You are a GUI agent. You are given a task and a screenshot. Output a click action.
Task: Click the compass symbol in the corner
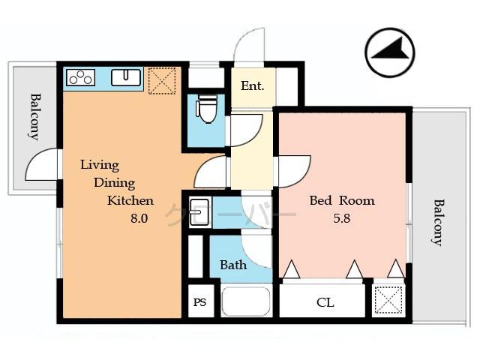coord(390,52)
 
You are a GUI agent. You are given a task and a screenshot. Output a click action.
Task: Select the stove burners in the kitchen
coord(79,77)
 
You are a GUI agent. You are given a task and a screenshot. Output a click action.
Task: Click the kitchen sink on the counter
coord(127,77)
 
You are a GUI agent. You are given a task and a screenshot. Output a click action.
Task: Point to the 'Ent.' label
coord(252,86)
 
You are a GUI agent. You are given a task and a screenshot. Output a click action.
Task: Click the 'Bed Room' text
coord(342,201)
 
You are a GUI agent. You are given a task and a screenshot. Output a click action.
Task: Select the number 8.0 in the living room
coord(139,219)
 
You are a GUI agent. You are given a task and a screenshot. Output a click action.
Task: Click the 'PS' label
coord(199,302)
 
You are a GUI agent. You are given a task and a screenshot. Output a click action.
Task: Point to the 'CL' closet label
coord(325,303)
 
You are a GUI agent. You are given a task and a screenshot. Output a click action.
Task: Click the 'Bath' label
coord(233,265)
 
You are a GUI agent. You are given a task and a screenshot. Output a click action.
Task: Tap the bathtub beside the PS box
coord(246,302)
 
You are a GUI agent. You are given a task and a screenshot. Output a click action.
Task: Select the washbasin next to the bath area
coord(199,212)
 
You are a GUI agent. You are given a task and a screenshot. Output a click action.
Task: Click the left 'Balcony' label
coord(34,116)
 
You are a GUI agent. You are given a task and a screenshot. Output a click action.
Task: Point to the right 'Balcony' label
coord(437,222)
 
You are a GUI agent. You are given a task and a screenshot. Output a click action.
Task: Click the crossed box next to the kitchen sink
coord(161,79)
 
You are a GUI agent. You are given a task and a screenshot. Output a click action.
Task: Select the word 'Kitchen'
coord(130,200)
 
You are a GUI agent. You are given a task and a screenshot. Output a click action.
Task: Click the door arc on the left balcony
coord(43,165)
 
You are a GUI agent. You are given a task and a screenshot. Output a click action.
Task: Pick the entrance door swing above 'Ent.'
coord(249,46)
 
